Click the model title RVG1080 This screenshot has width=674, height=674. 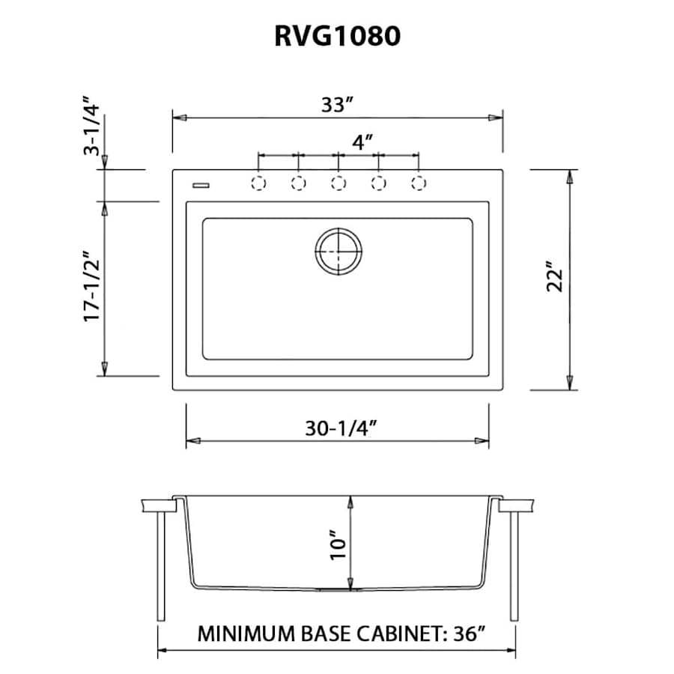(337, 35)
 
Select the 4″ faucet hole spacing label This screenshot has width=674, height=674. (362, 142)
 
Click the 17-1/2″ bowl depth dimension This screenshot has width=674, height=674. (91, 287)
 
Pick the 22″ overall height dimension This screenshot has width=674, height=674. (555, 279)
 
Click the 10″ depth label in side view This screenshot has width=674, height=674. (338, 544)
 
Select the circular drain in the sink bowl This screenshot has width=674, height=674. (338, 250)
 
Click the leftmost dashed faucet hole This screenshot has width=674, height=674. (258, 183)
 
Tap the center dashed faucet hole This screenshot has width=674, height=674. (338, 183)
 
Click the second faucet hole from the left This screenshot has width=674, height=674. (298, 183)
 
